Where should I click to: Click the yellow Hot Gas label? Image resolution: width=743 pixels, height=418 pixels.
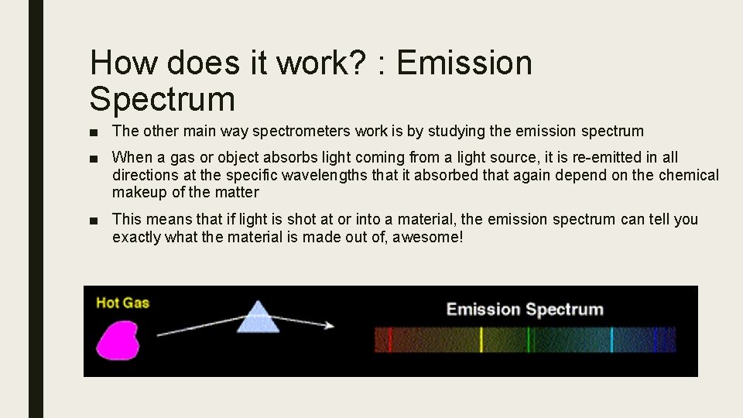[122, 303]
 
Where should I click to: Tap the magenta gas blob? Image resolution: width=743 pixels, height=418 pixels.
[116, 340]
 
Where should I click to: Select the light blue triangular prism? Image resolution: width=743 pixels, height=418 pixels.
[257, 317]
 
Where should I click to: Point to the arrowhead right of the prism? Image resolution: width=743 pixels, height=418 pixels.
[329, 325]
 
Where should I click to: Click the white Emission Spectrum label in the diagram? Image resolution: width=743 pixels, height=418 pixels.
[525, 310]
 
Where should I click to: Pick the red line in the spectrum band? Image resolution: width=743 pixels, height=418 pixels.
[389, 340]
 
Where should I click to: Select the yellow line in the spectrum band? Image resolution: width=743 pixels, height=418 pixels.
[481, 340]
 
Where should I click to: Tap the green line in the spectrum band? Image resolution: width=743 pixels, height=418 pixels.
[529, 340]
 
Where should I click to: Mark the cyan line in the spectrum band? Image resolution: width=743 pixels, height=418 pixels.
[611, 340]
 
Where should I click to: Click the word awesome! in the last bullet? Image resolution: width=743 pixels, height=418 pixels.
[428, 238]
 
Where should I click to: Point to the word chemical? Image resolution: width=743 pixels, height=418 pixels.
[689, 176]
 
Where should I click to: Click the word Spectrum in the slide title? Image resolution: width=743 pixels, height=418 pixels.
[162, 99]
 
